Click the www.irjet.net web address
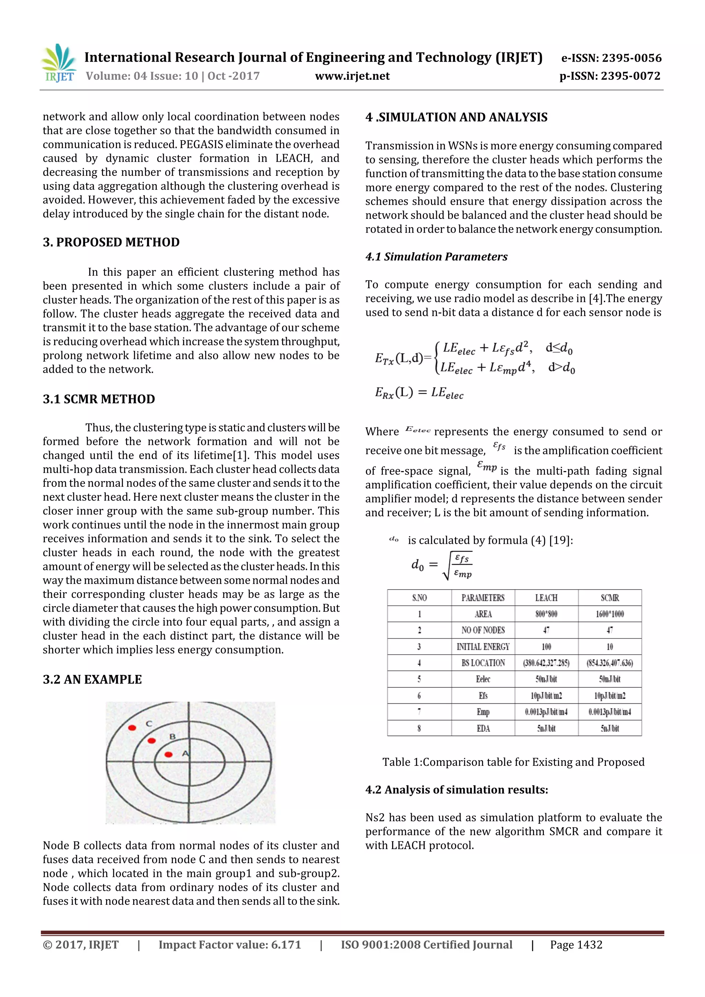coord(352,76)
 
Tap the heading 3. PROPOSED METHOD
coord(111,242)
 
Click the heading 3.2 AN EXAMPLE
coord(92,680)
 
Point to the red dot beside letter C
coord(132,727)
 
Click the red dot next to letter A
coord(169,754)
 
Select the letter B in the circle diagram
coord(172,736)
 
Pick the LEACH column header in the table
coord(546,598)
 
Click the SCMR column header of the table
coord(609,598)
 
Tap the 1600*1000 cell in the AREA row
coord(609,614)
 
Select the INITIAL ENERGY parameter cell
coord(483,647)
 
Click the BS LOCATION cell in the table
coord(483,663)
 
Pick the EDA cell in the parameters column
coord(483,728)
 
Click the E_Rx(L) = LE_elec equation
coord(419,393)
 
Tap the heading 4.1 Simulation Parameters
coord(436,257)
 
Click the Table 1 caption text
coord(513,762)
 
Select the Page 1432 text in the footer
coord(576,945)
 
